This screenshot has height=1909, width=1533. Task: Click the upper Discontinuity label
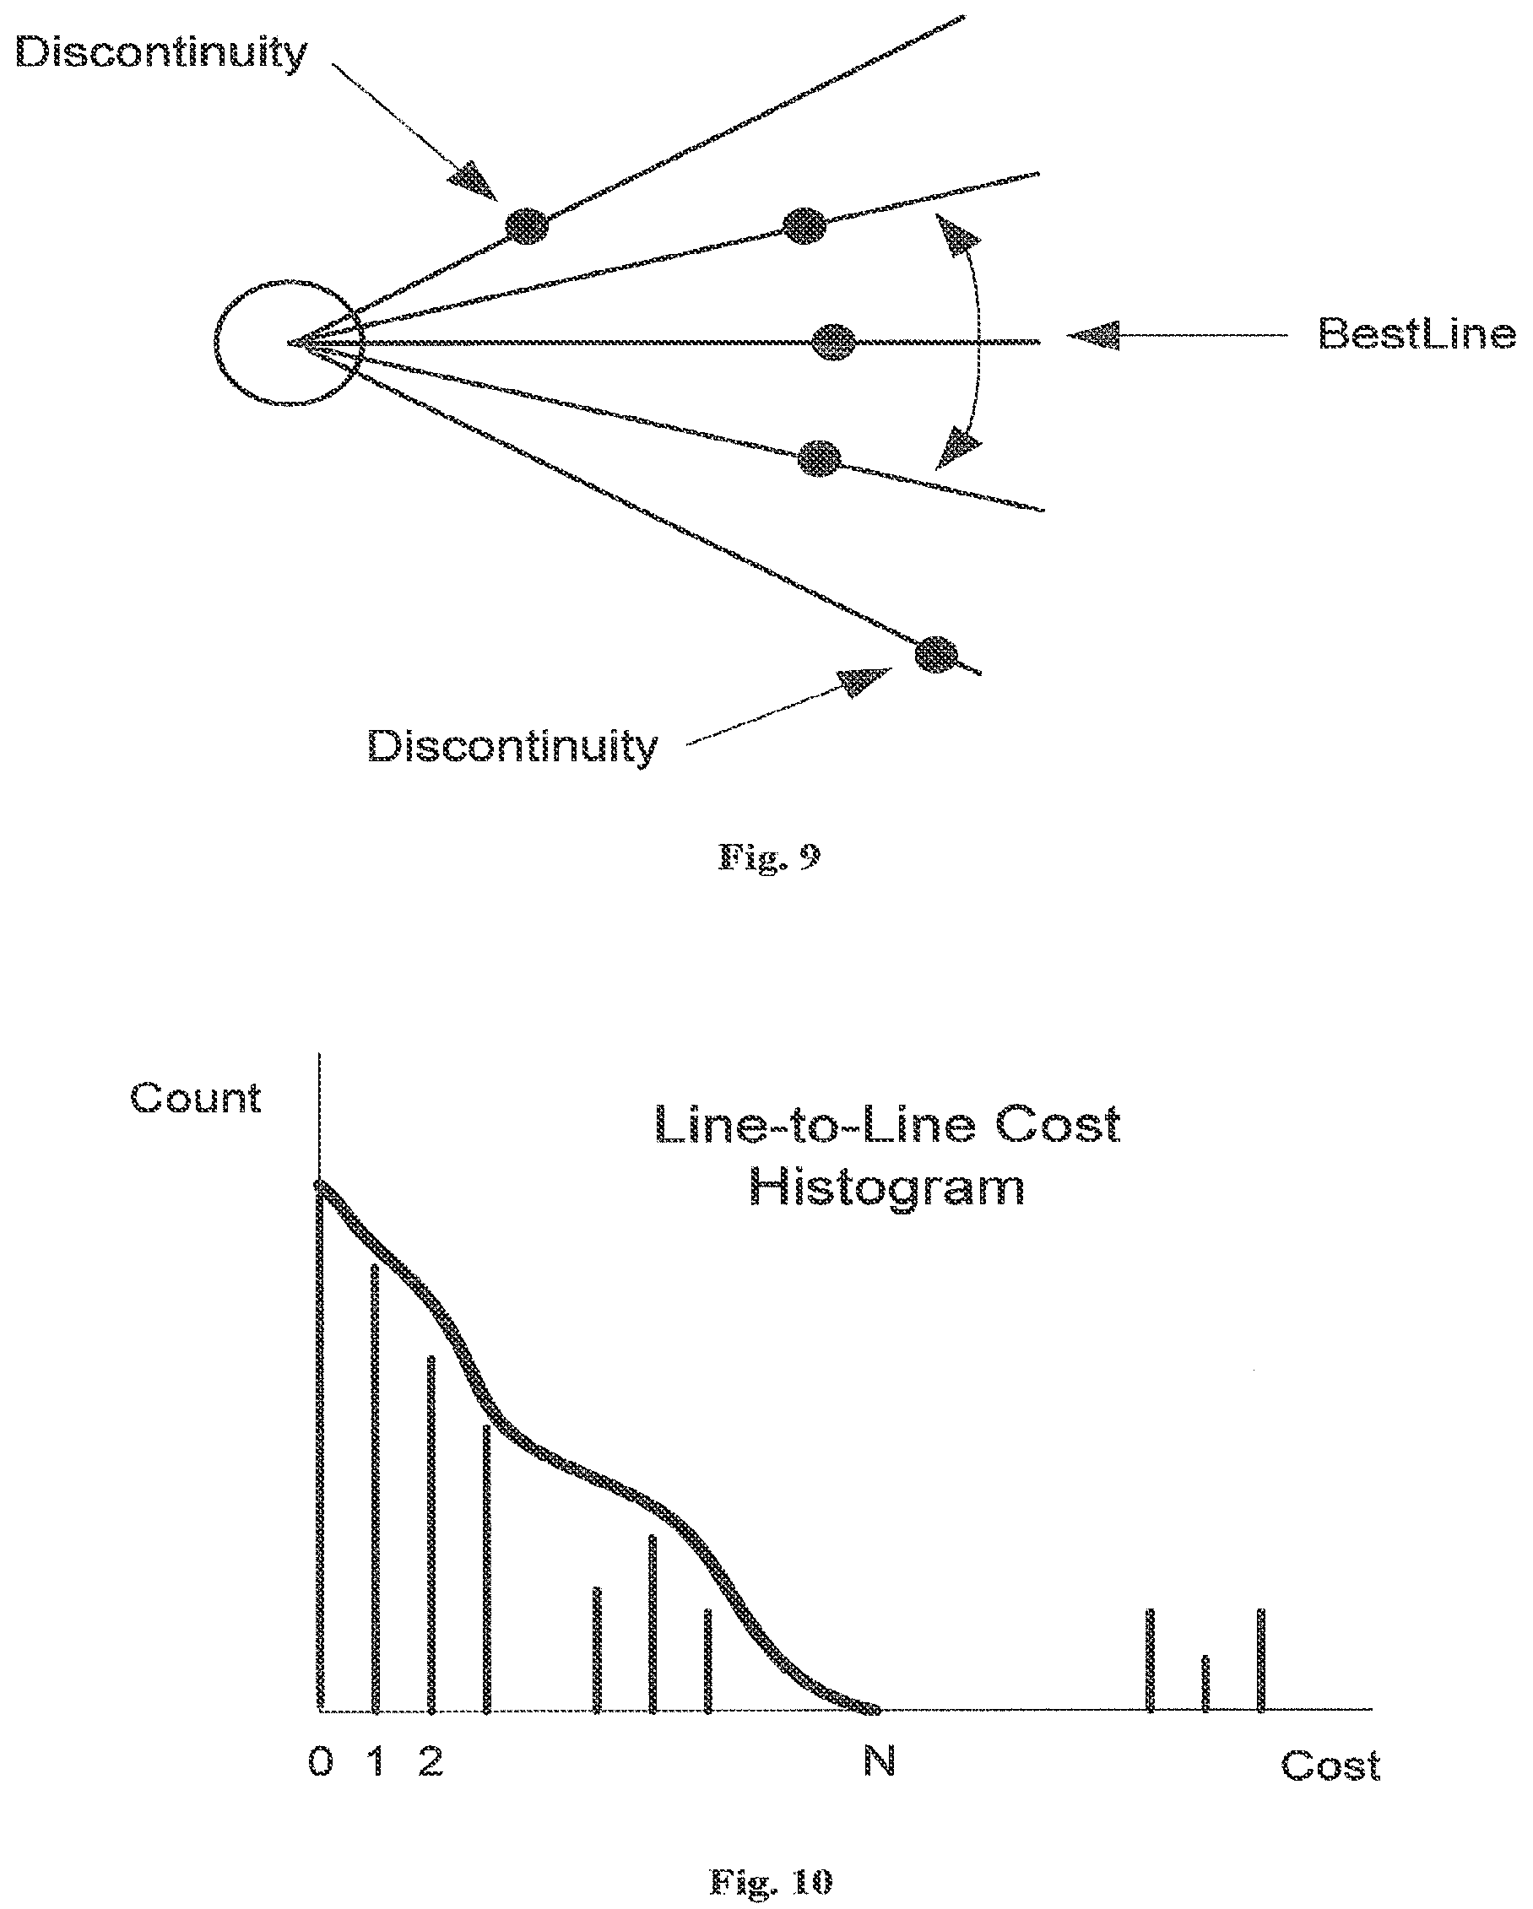click(161, 54)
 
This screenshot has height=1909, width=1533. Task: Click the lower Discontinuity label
click(512, 746)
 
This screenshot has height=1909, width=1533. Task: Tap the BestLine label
click(1417, 334)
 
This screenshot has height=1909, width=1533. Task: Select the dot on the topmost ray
click(527, 224)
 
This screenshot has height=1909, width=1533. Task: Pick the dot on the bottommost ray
click(936, 654)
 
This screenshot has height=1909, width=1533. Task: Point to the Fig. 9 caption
click(769, 857)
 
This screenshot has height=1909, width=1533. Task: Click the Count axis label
click(196, 1098)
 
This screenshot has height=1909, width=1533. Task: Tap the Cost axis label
click(1330, 1766)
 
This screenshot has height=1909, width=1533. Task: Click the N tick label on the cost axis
click(880, 1761)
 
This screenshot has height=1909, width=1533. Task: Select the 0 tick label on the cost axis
click(321, 1762)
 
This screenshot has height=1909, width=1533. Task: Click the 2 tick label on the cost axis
click(431, 1762)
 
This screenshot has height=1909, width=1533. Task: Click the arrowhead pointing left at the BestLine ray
click(1093, 336)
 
